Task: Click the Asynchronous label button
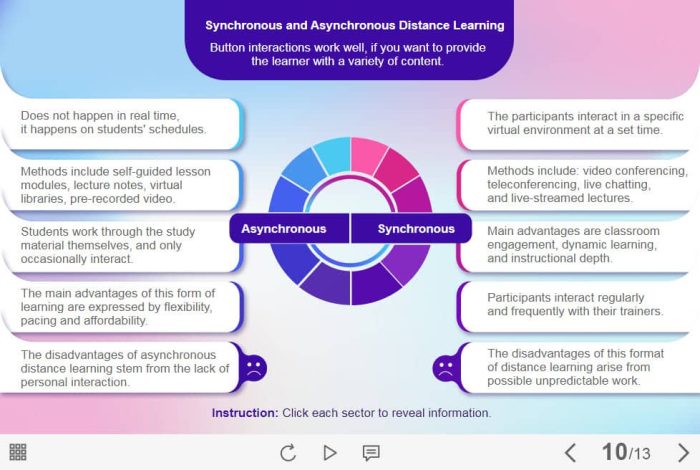point(284,229)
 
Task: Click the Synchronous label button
point(415,229)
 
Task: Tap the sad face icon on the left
point(254,367)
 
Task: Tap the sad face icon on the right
point(445,367)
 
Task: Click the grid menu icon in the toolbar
point(18,452)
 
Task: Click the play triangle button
point(330,453)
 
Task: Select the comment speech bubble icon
point(371,453)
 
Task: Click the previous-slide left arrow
point(570,452)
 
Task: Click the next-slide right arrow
point(683,452)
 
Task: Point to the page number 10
point(613,452)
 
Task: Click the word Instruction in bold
point(244,413)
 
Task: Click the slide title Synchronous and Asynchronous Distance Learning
point(355,26)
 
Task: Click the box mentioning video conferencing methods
point(575,185)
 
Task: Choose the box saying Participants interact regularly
point(575,305)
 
